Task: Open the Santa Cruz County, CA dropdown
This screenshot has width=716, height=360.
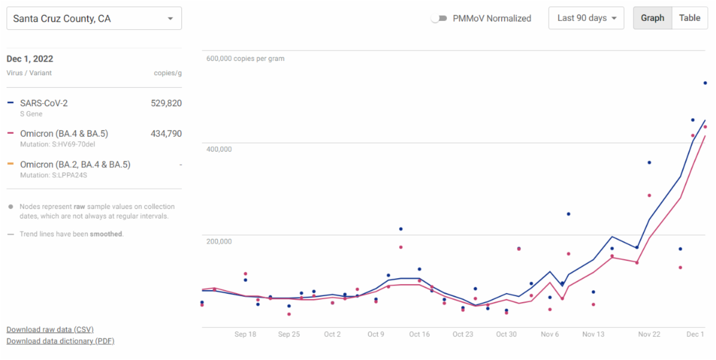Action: pos(94,19)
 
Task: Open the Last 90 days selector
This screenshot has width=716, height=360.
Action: pos(586,18)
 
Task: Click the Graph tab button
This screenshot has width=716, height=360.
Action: pos(652,18)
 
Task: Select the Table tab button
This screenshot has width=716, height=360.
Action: pos(690,18)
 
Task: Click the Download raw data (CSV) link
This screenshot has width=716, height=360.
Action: pos(50,330)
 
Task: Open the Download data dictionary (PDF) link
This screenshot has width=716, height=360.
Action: pos(60,341)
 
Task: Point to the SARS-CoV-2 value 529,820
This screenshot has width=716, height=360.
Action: pos(166,103)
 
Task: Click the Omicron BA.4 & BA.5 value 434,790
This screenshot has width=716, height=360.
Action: pos(166,134)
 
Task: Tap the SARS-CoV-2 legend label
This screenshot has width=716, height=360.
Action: pos(44,103)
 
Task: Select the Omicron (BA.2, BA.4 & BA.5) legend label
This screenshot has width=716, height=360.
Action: pos(75,165)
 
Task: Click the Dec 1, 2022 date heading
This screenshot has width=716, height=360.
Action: pos(30,59)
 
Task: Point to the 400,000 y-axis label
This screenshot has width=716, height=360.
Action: pos(219,149)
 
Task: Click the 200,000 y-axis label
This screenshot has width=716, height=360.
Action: pos(219,241)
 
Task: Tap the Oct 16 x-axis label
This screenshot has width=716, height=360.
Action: pos(419,334)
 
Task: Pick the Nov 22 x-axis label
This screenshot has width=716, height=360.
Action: pos(649,334)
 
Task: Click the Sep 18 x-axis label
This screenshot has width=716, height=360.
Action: pos(245,334)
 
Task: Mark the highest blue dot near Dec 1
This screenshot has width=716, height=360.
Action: pos(705,83)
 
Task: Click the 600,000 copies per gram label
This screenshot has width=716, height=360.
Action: pos(245,59)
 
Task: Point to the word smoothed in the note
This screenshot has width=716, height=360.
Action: pos(106,234)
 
